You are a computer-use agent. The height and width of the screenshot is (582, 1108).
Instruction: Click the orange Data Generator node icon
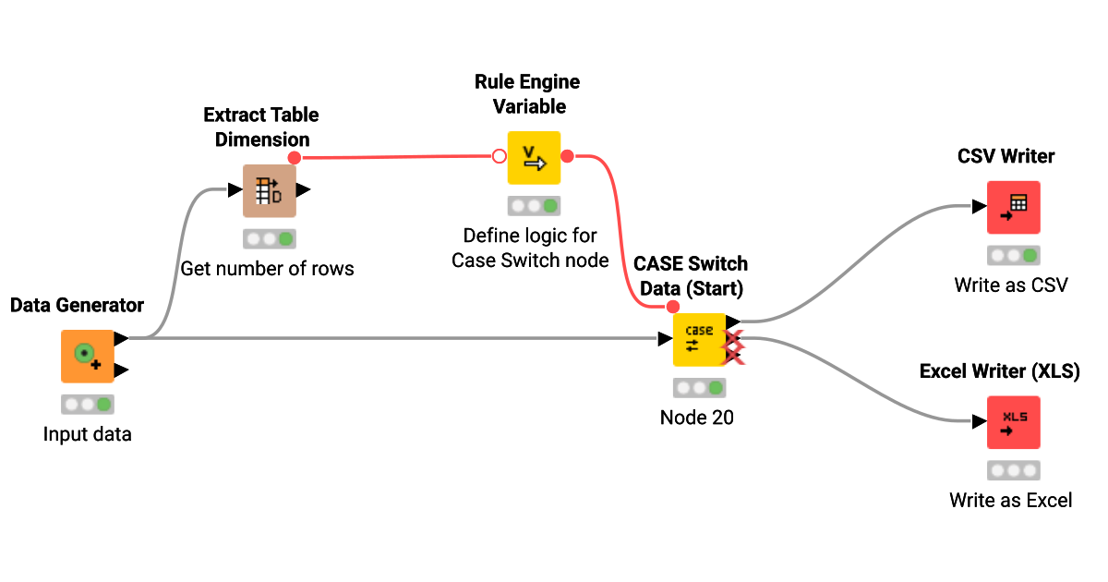(88, 356)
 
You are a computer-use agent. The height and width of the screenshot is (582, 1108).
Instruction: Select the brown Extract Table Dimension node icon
(269, 191)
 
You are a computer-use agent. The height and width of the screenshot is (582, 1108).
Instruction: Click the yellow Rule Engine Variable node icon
(534, 158)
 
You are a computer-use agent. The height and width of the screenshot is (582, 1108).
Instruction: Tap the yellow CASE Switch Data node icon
(699, 339)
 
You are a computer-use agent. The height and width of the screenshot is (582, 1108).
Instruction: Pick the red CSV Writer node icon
(1013, 207)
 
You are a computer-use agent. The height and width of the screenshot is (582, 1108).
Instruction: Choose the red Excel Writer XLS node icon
(1013, 422)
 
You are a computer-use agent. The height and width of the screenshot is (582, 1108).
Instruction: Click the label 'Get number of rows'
(268, 270)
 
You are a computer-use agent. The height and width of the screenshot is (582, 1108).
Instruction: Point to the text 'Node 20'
(697, 418)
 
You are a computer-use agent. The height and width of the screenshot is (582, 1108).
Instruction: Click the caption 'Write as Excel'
(1011, 501)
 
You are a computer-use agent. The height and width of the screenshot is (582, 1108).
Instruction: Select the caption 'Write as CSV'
(1011, 285)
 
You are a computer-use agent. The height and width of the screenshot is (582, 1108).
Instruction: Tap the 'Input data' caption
(88, 434)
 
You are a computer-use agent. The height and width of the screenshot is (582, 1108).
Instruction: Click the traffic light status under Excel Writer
(1013, 470)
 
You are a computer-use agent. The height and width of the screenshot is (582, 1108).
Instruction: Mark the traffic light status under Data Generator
(88, 404)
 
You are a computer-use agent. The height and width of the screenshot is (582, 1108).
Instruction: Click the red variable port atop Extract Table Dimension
(295, 158)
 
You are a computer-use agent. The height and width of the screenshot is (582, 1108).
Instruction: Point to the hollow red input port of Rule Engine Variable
(500, 156)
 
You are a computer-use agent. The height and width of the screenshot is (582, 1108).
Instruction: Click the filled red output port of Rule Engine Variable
(568, 156)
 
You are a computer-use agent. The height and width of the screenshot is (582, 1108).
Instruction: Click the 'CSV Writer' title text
(1006, 156)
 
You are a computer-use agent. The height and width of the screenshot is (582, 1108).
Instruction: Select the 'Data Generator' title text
(78, 305)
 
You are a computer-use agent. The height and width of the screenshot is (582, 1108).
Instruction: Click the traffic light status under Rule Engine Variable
(534, 206)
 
